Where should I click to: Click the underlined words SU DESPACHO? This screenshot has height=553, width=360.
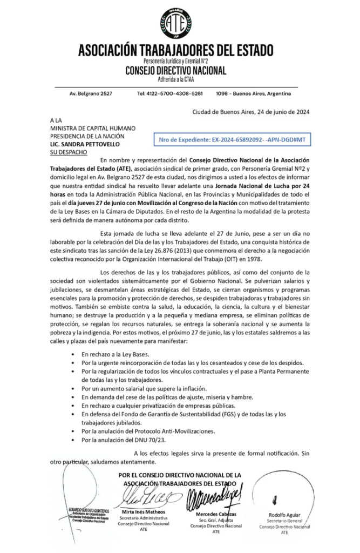(67, 153)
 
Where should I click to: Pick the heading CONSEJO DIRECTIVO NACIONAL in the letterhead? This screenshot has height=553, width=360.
(176, 71)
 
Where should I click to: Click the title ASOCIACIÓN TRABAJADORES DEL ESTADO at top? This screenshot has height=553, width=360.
(176, 51)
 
